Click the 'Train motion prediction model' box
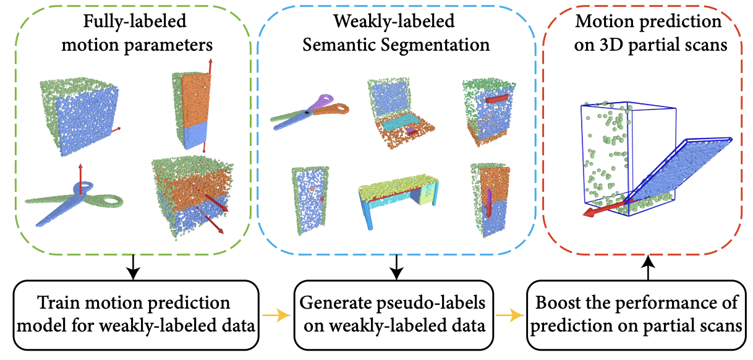[x=134, y=314]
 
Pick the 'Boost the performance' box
[x=637, y=314]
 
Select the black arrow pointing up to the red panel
[x=647, y=267]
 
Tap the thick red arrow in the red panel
[x=603, y=211]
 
